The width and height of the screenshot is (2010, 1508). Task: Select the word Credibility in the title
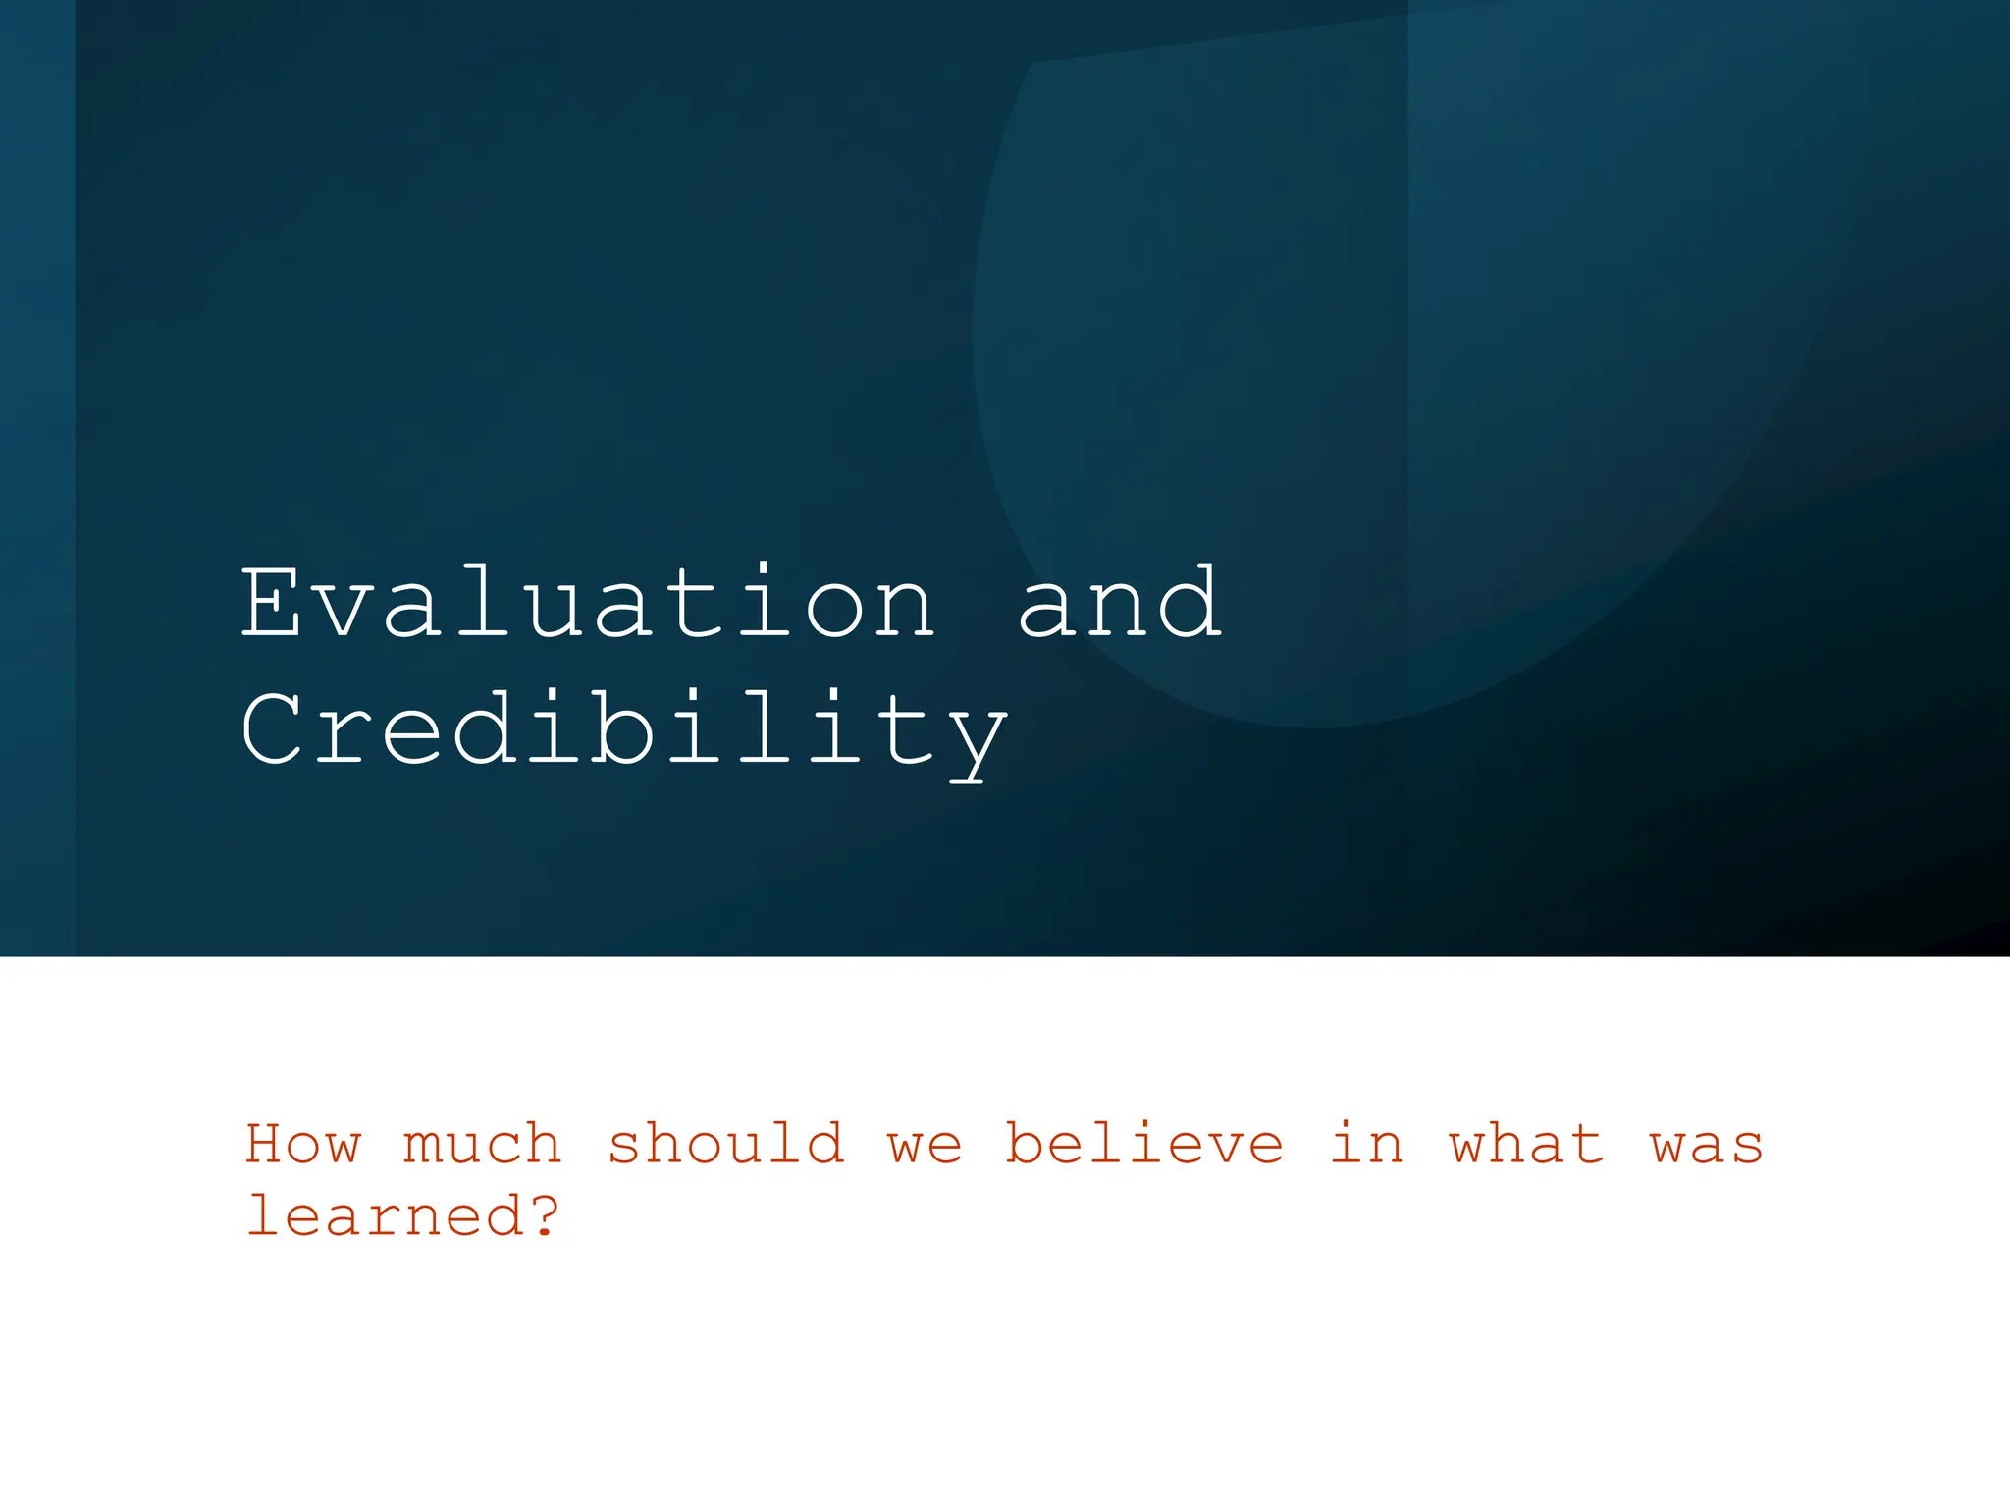click(624, 731)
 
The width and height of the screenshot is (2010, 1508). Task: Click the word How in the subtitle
click(303, 1144)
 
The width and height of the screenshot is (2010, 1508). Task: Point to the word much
click(482, 1144)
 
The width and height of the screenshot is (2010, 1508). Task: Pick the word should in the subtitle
click(725, 1144)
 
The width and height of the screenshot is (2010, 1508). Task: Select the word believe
click(1144, 1144)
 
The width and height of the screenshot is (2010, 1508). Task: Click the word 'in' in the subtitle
click(1367, 1144)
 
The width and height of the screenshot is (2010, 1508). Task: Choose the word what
click(1527, 1144)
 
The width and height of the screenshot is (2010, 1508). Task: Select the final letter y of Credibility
click(976, 741)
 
